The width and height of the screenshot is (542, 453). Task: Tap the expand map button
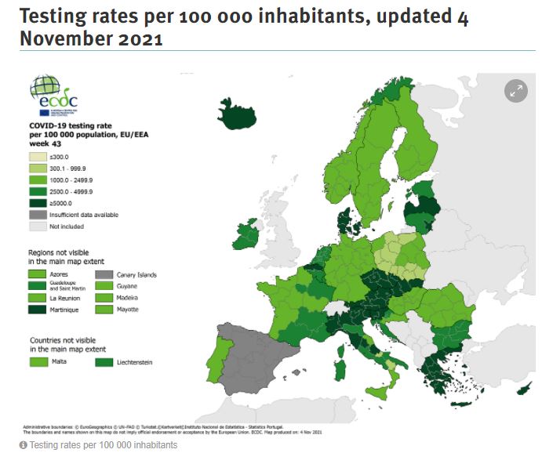tap(515, 91)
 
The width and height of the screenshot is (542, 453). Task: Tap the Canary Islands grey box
tap(104, 275)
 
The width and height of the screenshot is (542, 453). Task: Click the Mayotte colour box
tap(104, 310)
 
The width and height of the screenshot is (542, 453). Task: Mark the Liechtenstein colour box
tap(104, 362)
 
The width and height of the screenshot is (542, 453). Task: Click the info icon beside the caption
tap(24, 445)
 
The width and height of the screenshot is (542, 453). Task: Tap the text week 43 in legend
tap(45, 143)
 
